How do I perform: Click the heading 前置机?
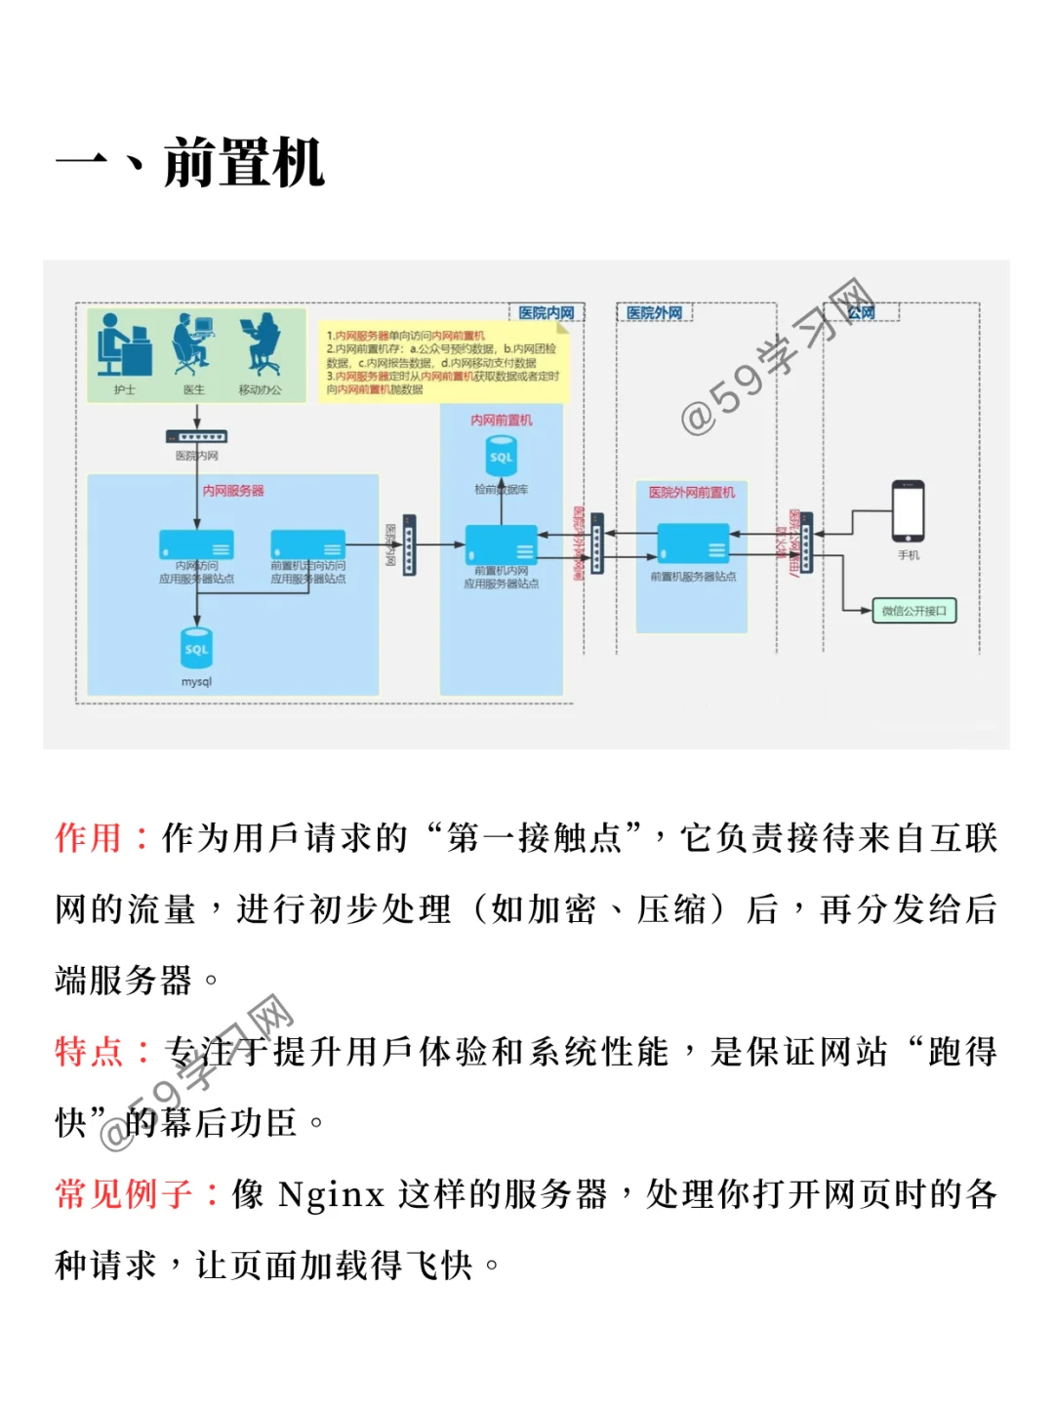(243, 163)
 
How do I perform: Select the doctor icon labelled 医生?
(192, 345)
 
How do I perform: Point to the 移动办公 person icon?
(260, 345)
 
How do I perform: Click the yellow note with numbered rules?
(444, 362)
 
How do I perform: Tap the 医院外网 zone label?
(654, 313)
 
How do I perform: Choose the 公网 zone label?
(861, 312)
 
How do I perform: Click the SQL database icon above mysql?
(196, 648)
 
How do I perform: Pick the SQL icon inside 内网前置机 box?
(501, 456)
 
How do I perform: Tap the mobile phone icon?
(908, 510)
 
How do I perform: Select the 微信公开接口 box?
(913, 611)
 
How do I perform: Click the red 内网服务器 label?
(233, 491)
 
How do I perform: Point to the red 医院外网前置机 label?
(692, 493)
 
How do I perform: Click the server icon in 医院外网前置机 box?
(693, 543)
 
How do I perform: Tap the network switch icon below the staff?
(196, 437)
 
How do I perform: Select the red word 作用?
(89, 838)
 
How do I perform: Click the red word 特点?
(89, 1052)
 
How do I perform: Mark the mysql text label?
(196, 682)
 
